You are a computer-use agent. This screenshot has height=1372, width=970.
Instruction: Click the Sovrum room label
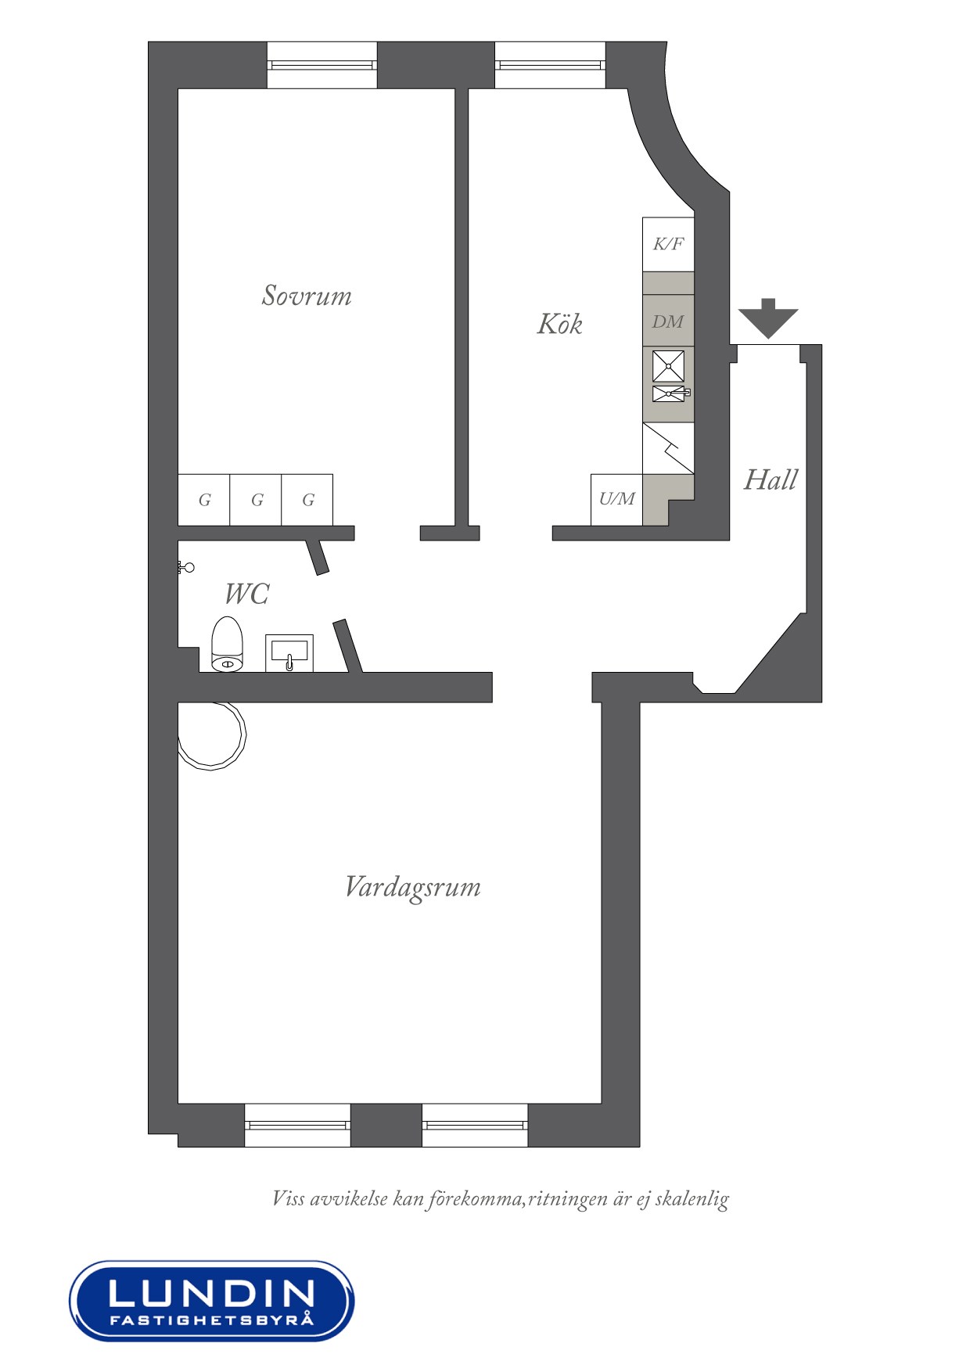point(307,295)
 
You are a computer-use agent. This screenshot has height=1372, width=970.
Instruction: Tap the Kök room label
point(559,323)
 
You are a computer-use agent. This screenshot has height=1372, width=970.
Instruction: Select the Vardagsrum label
point(413,888)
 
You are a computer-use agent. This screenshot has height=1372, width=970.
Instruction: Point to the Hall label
point(771,479)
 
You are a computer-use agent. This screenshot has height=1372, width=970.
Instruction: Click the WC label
point(246,594)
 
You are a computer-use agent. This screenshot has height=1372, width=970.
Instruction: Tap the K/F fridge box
point(668,244)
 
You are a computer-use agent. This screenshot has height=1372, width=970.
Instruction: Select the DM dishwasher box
point(668,321)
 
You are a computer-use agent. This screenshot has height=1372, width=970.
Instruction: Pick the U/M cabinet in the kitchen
point(616,499)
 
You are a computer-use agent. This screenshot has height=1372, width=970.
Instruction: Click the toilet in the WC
point(228,645)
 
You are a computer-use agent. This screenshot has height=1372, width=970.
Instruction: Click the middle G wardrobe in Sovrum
point(256,500)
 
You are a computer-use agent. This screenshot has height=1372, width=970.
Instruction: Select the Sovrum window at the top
point(322,65)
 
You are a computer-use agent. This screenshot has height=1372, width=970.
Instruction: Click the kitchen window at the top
point(550,65)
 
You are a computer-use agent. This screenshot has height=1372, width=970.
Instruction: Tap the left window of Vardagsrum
point(297,1125)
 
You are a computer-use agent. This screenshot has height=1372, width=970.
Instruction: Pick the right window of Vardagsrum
point(475,1125)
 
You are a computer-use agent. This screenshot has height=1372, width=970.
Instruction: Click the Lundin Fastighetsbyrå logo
point(211,1301)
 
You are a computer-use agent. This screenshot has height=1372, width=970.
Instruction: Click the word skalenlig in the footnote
point(692,1198)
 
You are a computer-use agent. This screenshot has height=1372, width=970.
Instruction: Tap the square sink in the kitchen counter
point(668,366)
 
